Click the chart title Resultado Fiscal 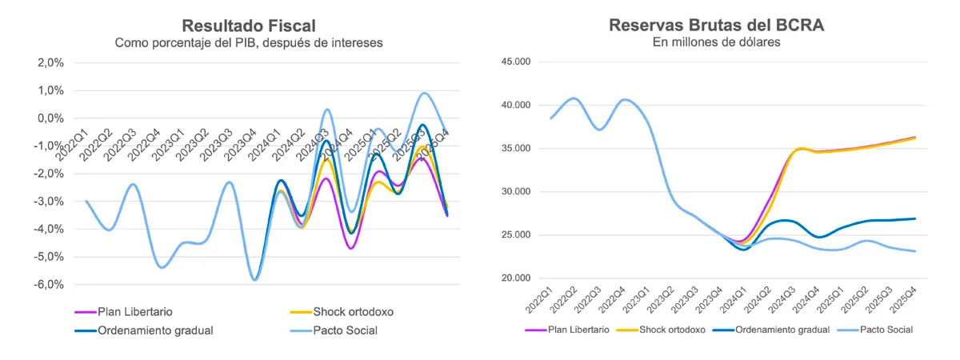click(249, 25)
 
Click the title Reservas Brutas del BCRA click(717, 25)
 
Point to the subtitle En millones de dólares click(717, 42)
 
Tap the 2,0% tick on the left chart click(50, 62)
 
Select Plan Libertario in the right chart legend click(578, 329)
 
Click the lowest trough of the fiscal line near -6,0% click(255, 279)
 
